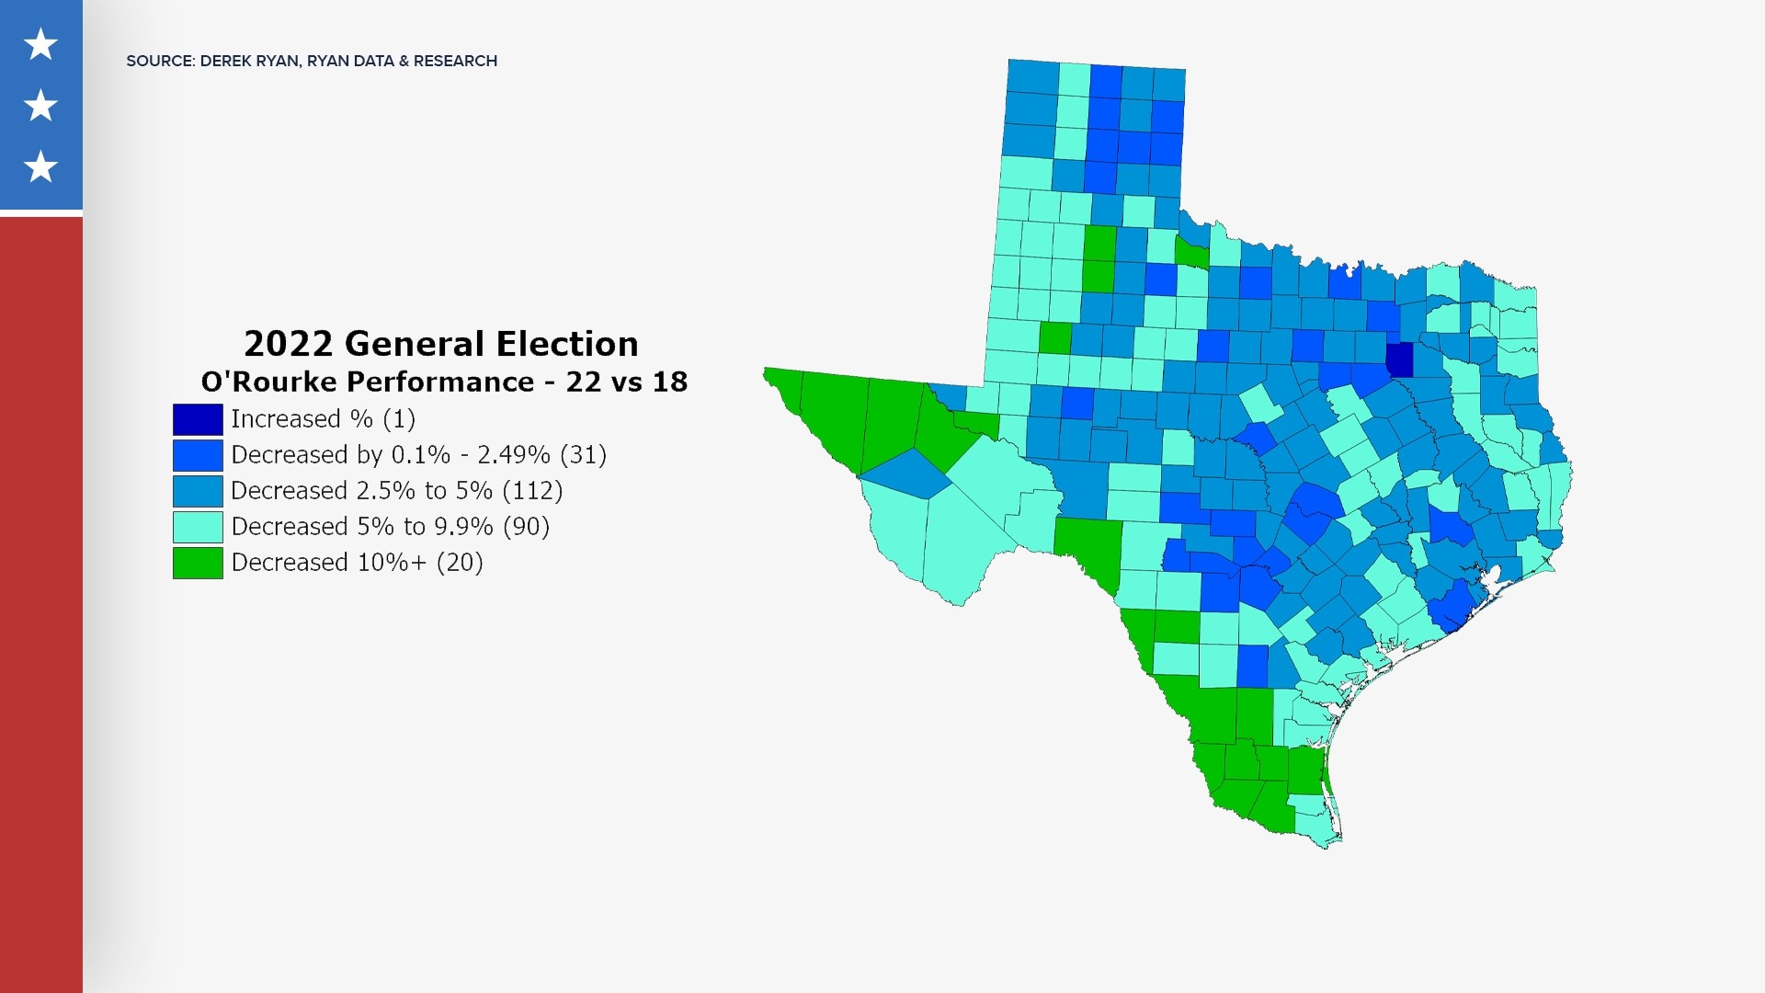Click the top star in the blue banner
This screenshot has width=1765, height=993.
click(40, 44)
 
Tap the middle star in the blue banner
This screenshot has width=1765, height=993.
click(40, 106)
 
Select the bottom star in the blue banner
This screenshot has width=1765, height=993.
click(40, 167)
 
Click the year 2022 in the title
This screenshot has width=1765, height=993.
click(288, 344)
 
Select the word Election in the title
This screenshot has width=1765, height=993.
click(568, 344)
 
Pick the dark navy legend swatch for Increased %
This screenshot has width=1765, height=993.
click(198, 419)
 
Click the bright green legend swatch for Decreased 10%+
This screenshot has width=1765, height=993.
click(198, 563)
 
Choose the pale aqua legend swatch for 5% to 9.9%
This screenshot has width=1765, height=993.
click(198, 527)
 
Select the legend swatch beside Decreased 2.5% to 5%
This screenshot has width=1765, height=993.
click(198, 491)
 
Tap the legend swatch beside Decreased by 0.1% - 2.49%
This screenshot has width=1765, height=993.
click(198, 455)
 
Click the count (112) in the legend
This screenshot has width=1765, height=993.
click(532, 491)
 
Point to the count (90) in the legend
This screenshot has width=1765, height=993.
click(526, 527)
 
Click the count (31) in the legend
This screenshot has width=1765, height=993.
click(583, 455)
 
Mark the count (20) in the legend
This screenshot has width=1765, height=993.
click(460, 563)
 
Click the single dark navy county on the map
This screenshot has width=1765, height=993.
click(1399, 360)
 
